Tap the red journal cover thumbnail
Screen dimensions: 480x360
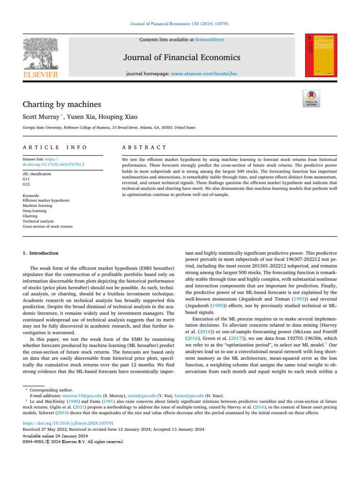[321, 55]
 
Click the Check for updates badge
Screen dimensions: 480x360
[312, 98]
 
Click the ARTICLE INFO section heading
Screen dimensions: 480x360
[55, 147]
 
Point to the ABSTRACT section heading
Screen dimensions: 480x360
[144, 147]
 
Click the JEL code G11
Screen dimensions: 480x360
[26, 179]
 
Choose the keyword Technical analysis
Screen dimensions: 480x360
[38, 221]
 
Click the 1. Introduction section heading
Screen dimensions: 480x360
[41, 253]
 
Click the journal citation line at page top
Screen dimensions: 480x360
[180, 23]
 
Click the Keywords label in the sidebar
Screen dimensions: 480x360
[31, 195]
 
